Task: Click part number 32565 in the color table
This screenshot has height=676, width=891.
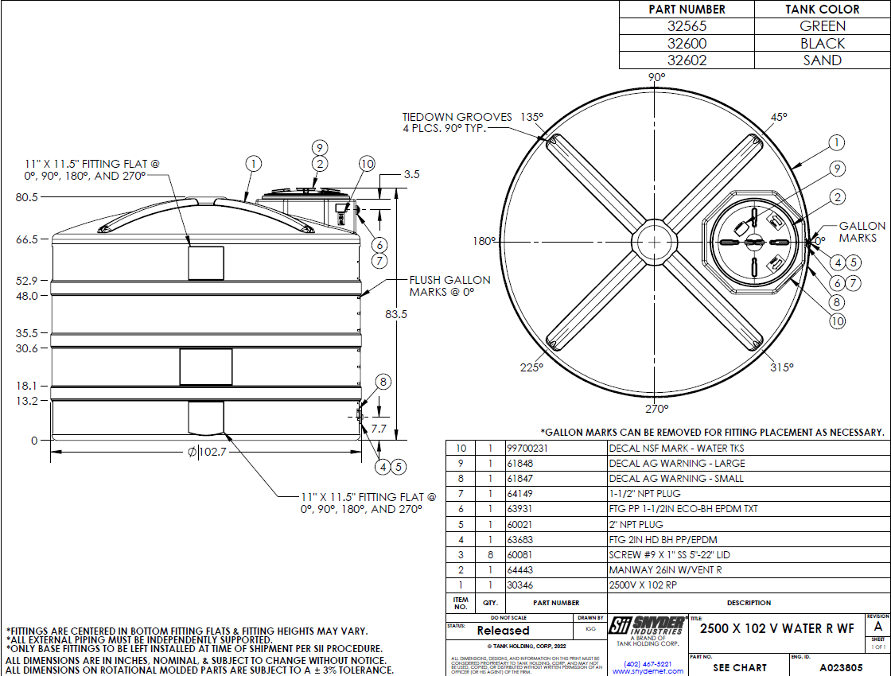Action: click(687, 26)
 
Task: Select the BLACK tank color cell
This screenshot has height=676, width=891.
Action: click(823, 44)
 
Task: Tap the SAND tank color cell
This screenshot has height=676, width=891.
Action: click(823, 60)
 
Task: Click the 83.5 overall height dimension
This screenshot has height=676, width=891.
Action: click(396, 314)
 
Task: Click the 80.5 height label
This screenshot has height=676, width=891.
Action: click(27, 197)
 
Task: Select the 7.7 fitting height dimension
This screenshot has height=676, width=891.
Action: click(379, 429)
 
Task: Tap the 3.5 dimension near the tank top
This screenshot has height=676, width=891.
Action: click(412, 173)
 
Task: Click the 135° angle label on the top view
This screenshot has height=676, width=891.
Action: click(531, 116)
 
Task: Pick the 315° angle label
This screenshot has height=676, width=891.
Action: click(782, 367)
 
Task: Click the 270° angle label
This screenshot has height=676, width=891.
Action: click(656, 409)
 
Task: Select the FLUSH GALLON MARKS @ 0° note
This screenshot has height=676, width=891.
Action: click(449, 286)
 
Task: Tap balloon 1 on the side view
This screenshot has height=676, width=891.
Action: click(253, 165)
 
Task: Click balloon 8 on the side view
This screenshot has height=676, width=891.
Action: click(383, 382)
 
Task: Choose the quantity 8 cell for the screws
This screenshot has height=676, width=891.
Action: click(490, 555)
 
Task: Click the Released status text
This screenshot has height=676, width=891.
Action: click(503, 631)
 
